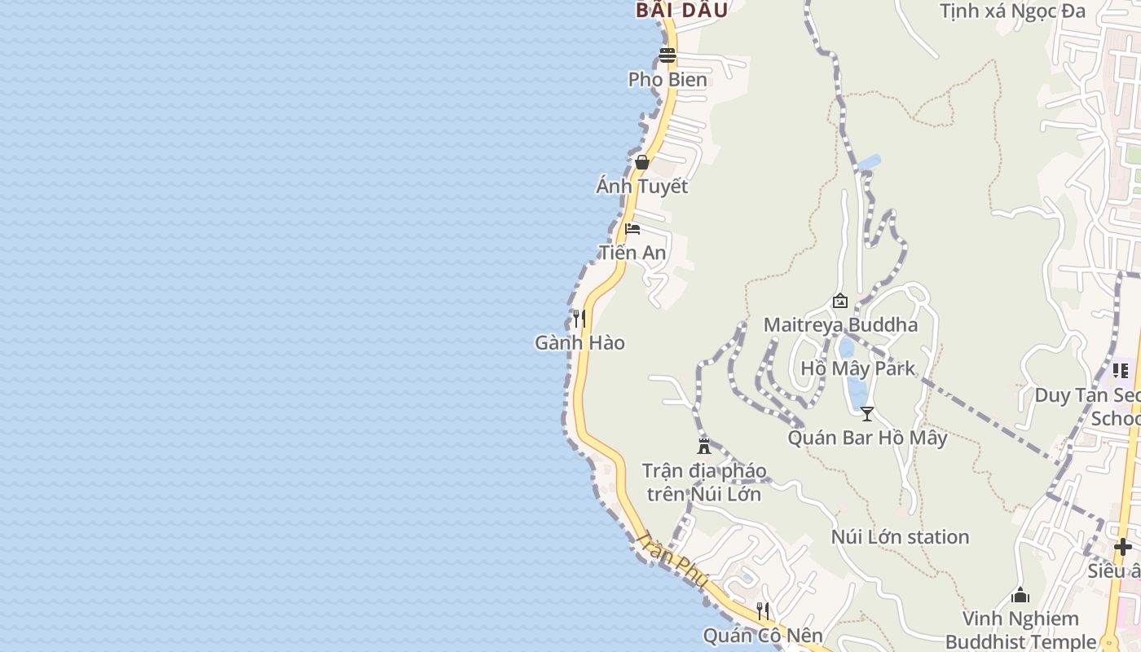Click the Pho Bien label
click(667, 79)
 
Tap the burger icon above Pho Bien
click(667, 55)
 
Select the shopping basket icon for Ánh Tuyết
click(642, 162)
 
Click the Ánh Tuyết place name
click(642, 187)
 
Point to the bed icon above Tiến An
click(632, 228)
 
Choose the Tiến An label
click(632, 253)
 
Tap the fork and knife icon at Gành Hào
click(579, 318)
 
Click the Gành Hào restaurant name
click(579, 343)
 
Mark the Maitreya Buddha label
click(840, 325)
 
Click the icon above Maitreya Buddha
click(840, 302)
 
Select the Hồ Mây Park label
click(858, 368)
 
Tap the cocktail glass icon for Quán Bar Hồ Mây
click(867, 414)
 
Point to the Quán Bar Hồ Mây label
click(867, 438)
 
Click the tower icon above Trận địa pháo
click(704, 446)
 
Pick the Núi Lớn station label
click(900, 537)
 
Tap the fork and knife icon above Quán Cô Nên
click(763, 610)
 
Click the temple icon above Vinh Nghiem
click(1020, 596)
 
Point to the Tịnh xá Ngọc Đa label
click(1012, 11)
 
